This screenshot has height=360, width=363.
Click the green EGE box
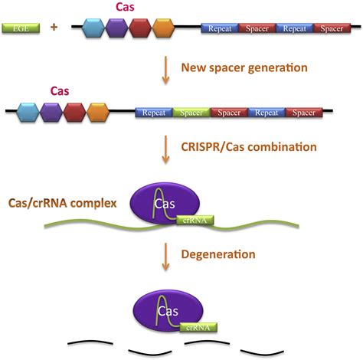pyautogui.click(x=21, y=28)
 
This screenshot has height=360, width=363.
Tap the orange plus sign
pyautogui.click(x=54, y=27)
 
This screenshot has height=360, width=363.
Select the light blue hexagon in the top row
pyautogui.click(x=93, y=28)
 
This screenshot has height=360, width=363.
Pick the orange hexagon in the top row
pyautogui.click(x=164, y=28)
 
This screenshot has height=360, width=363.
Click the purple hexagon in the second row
pyautogui.click(x=51, y=113)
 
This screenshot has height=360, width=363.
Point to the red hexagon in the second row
pyautogui.click(x=74, y=113)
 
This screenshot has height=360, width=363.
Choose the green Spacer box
pyautogui.click(x=191, y=113)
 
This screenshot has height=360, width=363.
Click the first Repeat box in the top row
pyautogui.click(x=220, y=28)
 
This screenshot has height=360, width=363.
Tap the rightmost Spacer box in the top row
pyautogui.click(x=332, y=28)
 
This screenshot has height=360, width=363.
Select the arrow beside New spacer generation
pyautogui.click(x=165, y=70)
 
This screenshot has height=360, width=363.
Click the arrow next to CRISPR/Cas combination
pyautogui.click(x=165, y=149)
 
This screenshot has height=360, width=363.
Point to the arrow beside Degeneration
pyautogui.click(x=165, y=257)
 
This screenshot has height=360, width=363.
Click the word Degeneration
pyautogui.click(x=218, y=254)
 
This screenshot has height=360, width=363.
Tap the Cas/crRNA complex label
pyautogui.click(x=63, y=203)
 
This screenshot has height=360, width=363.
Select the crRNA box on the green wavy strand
pyautogui.click(x=195, y=220)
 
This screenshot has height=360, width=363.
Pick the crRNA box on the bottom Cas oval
pyautogui.click(x=198, y=327)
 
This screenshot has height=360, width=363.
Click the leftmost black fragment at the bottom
pyautogui.click(x=90, y=342)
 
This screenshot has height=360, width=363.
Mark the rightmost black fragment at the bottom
pyautogui.click(x=262, y=353)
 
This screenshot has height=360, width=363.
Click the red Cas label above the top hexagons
pyautogui.click(x=125, y=7)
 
